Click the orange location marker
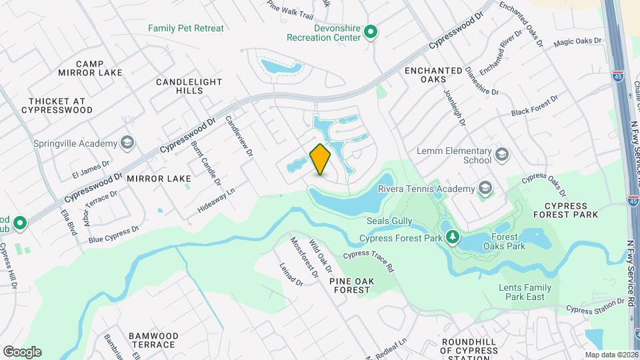point(320,159)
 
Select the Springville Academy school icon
point(127,143)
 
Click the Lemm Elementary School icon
point(501,155)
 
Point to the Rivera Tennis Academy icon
point(485,188)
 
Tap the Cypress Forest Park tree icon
point(453,237)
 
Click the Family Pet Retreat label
point(186,29)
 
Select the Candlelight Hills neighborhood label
point(189,86)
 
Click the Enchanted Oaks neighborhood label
point(433,75)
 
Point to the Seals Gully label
point(385,221)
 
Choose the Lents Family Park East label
point(525,292)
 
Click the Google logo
point(22,351)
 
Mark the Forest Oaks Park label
point(508,241)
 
